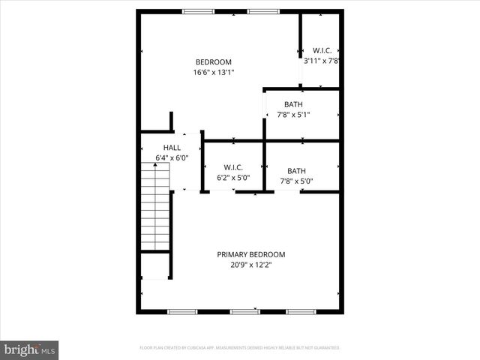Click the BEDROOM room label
point(214,62)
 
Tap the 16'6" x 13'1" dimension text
point(214,73)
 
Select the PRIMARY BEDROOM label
point(251,254)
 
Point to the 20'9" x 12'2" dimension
point(251,265)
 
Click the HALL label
point(172,148)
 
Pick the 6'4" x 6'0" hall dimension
point(172,158)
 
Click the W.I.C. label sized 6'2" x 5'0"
point(233,168)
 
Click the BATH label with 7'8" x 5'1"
point(293,104)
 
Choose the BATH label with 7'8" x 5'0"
point(296,170)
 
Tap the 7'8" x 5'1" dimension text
point(293,115)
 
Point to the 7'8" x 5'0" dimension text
point(296,181)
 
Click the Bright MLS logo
point(30,349)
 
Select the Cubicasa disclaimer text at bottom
point(240,348)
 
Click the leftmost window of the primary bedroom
point(181,311)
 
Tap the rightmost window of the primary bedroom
point(301,311)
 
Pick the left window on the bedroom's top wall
point(197,11)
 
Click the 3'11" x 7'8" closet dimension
point(322,61)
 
